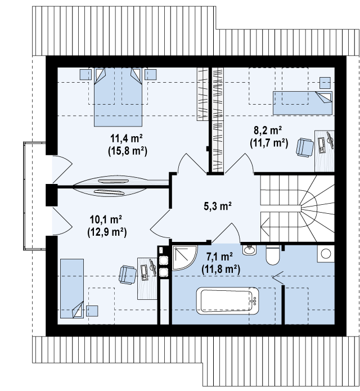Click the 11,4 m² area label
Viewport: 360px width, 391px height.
(x=127, y=138)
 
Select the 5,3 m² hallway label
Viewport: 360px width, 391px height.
(x=218, y=206)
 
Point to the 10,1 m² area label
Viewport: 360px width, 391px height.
(x=106, y=219)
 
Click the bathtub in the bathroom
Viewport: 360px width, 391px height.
(x=228, y=301)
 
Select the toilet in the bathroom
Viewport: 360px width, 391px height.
(x=272, y=255)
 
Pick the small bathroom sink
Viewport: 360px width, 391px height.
(x=249, y=250)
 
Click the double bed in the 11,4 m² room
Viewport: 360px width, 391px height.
(x=118, y=97)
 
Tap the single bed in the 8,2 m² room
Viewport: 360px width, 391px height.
(x=303, y=103)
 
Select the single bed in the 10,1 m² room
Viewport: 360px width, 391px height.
(x=72, y=288)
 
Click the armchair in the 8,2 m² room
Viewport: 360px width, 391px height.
(x=305, y=147)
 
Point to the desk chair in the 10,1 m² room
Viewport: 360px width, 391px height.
(x=128, y=275)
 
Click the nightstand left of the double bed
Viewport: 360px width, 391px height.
(x=85, y=74)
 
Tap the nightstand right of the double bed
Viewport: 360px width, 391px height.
(x=151, y=74)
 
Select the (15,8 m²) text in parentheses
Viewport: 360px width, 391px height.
(x=128, y=151)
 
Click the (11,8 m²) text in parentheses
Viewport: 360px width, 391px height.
(x=220, y=269)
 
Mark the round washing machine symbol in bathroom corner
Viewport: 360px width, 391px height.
(x=326, y=254)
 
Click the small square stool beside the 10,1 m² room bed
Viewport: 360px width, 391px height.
(x=92, y=311)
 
